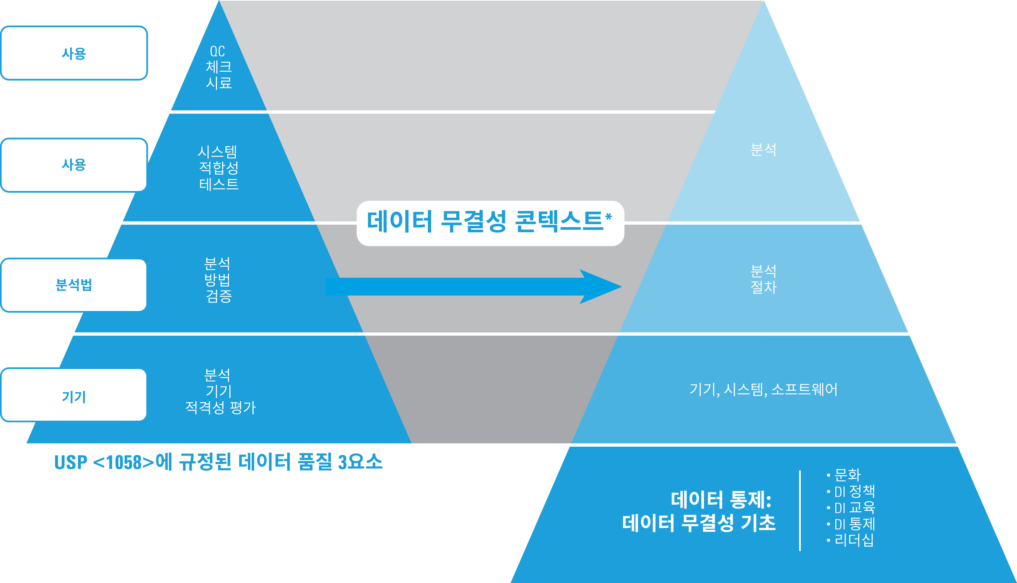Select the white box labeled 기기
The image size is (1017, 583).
[x=74, y=396]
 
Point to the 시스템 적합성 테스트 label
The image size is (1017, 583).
[x=218, y=168]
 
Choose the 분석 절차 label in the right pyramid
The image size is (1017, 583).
[x=763, y=279]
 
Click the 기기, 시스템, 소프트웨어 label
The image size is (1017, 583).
[x=763, y=389]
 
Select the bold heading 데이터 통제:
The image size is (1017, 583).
[x=721, y=500]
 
